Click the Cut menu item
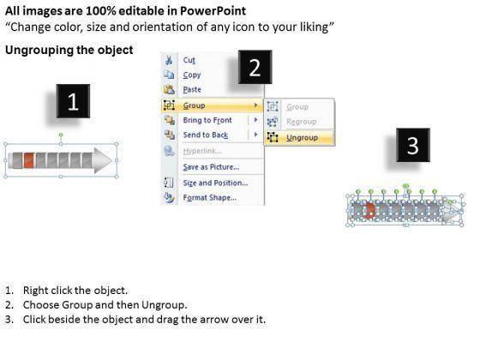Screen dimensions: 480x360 point(189,60)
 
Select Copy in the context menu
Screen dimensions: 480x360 point(192,75)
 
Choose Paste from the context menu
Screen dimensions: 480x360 point(192,90)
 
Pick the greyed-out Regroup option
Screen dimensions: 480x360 point(301,122)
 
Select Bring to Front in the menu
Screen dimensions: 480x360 point(207,120)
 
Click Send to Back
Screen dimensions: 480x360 point(206,135)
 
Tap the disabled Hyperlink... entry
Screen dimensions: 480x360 point(202,151)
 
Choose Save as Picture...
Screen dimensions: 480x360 point(211,167)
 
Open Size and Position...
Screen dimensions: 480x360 point(215,183)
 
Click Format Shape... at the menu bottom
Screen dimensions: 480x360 point(210,198)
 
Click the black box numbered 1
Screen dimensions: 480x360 point(73,101)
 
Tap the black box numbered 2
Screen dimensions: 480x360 point(255,67)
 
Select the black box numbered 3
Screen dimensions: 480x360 point(413,145)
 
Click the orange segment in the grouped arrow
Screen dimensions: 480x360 point(29,160)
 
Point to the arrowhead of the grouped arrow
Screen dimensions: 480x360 point(103,160)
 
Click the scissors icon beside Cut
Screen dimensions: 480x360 point(169,60)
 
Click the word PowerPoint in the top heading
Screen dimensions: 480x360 point(213,11)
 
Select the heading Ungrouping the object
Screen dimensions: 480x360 point(69,50)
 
